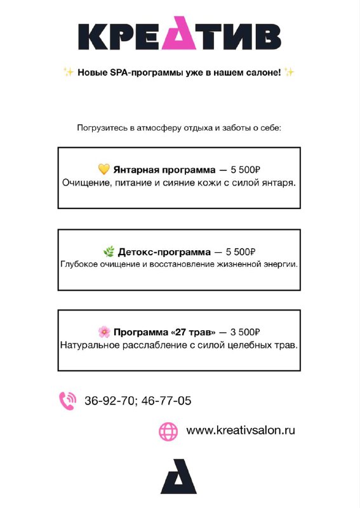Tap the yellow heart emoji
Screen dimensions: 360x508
point(104,170)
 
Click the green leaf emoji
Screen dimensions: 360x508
point(109,251)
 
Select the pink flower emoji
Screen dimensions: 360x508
point(104,332)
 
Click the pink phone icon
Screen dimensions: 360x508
point(67,400)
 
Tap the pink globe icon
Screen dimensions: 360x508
point(168,431)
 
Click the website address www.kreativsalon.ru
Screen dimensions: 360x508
point(241,431)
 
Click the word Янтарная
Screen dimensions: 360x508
point(133,170)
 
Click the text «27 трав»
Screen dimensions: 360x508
point(190,332)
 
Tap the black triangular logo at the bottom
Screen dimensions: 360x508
point(178,476)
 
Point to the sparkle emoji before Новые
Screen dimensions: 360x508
point(69,72)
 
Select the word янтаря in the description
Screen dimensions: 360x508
point(279,182)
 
